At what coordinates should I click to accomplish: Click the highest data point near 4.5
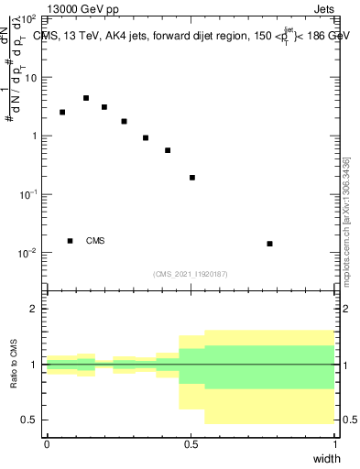(x=86, y=98)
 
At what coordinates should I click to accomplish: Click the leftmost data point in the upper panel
(x=62, y=113)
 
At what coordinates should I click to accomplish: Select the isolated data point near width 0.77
(x=269, y=244)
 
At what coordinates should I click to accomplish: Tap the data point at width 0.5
(x=192, y=178)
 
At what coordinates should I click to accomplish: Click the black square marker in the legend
(x=71, y=241)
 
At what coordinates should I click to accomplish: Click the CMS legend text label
(x=95, y=241)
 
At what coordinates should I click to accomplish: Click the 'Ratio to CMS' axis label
(x=16, y=364)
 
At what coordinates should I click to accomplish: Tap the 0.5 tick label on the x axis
(x=191, y=443)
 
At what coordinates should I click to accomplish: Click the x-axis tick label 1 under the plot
(x=334, y=443)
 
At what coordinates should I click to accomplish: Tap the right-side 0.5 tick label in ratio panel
(x=348, y=420)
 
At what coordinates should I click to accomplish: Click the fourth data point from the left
(x=124, y=121)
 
